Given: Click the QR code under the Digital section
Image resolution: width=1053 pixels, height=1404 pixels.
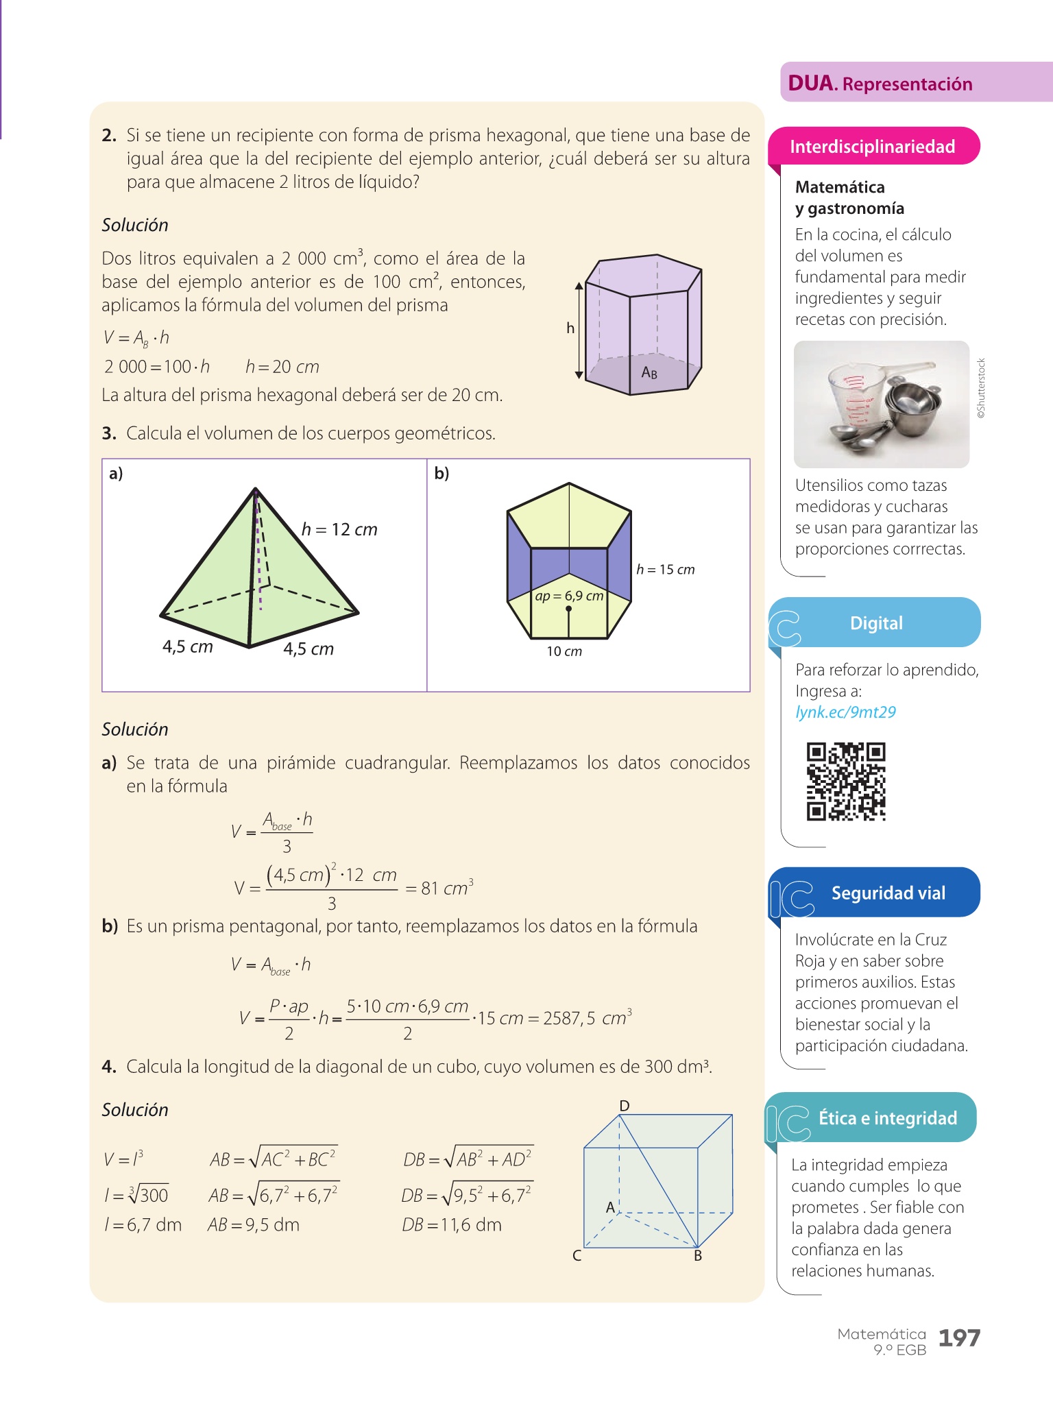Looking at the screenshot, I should pos(846,782).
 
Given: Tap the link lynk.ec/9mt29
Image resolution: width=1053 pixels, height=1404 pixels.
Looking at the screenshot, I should pos(845,712).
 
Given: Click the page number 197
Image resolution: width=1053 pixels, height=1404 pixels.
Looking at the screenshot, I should pos(959,1338).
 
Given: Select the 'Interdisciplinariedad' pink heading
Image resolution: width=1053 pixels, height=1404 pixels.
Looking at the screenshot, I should pos(873,147).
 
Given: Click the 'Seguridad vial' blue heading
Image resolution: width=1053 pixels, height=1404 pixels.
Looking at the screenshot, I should pos(888,893).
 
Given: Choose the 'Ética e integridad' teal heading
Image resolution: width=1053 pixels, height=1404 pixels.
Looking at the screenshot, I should pos(887,1118).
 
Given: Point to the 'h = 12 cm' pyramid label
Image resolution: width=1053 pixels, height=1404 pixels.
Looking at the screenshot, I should pos(339,529).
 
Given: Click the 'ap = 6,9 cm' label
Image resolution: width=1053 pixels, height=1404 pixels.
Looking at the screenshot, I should pos(569,596).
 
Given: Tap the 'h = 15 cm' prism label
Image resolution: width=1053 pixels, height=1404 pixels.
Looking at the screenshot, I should pos(665,570).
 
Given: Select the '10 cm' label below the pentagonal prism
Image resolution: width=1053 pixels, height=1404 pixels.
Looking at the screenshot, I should pos(564,651).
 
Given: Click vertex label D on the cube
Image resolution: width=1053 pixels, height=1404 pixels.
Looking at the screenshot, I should pos(625,1105).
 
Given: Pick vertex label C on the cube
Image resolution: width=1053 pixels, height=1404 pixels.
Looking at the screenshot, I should pos(577,1255).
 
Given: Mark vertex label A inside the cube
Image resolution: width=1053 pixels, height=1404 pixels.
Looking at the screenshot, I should pos(610,1207).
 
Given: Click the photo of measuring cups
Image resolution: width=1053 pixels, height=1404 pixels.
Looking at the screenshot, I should pos(882,404).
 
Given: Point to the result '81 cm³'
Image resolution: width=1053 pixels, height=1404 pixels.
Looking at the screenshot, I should pos(446,888).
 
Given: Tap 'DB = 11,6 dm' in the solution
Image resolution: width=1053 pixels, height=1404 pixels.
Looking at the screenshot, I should pos(452,1224).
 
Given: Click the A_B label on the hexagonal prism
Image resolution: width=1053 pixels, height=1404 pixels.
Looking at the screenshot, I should pos(649,372).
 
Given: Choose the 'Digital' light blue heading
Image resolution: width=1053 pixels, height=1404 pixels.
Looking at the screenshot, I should pos(876,623).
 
